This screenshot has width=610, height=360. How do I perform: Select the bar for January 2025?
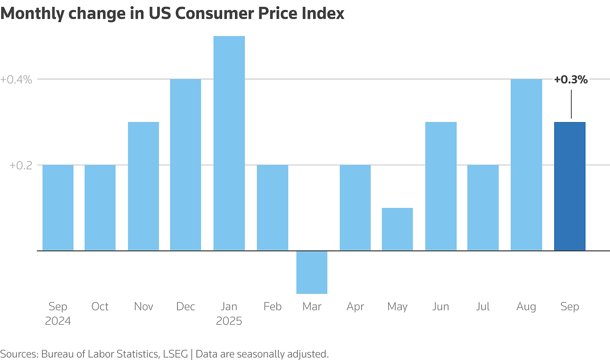[x=229, y=143]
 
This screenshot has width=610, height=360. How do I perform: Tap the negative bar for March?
[x=312, y=272]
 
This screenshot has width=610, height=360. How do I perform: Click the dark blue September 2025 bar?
[x=569, y=186]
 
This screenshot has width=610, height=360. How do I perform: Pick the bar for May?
[x=397, y=229]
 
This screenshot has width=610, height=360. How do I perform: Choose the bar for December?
[x=185, y=165]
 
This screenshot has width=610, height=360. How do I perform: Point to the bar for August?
[x=526, y=165]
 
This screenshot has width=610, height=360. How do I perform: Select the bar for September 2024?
[x=58, y=207]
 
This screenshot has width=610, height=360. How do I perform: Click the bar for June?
[x=441, y=186]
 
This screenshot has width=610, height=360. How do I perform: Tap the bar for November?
[x=143, y=186]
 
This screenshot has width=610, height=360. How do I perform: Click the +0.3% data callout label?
[x=570, y=80]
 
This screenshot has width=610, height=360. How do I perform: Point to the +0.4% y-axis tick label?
[x=16, y=79]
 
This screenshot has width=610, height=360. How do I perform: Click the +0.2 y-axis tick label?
[x=20, y=165]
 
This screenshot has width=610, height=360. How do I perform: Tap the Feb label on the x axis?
[x=272, y=306]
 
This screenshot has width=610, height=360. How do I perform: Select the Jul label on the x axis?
[x=483, y=306]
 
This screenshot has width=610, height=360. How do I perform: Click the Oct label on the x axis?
[x=100, y=306]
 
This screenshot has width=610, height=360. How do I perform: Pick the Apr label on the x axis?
[x=355, y=306]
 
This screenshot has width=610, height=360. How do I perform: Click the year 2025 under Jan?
[x=229, y=321]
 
